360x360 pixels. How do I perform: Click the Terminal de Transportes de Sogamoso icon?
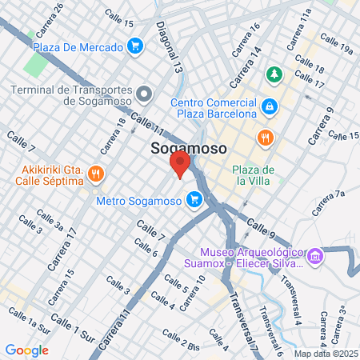pyautogui.click(x=144, y=95)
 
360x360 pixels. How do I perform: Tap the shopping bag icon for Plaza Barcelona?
pyautogui.click(x=270, y=106)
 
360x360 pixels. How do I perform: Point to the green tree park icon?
pyautogui.click(x=274, y=74)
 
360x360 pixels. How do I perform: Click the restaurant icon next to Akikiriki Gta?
pyautogui.click(x=95, y=174)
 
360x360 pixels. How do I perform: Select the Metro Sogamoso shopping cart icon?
pyautogui.click(x=192, y=200)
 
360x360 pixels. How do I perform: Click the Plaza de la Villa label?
pyautogui.click(x=254, y=174)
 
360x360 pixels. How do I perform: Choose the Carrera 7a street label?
pyautogui.click(x=328, y=204)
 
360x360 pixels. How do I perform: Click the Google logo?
pyautogui.click(x=26, y=350)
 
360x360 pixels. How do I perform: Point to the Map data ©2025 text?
pyautogui.click(x=324, y=354)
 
